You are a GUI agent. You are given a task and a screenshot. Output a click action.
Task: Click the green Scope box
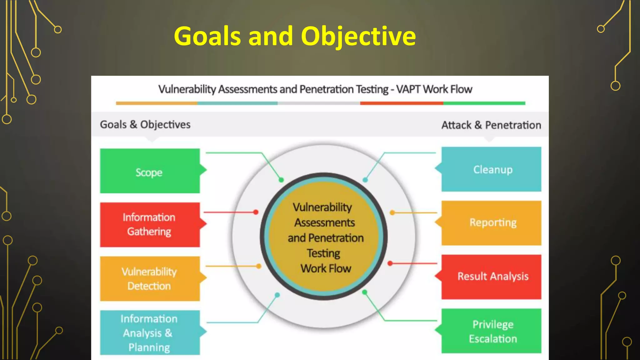coord(150,171)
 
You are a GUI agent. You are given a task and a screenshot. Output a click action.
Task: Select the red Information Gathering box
coord(150,225)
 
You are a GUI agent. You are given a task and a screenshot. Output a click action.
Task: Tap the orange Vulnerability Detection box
coord(150,279)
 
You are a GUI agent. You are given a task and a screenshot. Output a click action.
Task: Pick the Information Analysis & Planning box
coord(150,332)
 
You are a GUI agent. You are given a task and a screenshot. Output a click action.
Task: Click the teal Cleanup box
coord(491,169)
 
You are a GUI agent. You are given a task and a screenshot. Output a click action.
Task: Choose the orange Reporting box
coord(491,223)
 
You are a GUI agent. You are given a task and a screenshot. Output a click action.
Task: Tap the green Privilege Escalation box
coord(491,331)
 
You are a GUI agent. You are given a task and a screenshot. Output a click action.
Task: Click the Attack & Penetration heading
coord(491,125)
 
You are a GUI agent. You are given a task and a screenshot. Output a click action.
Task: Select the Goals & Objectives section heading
coord(145,125)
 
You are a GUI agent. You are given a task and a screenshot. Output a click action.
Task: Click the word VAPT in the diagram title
coord(409,89)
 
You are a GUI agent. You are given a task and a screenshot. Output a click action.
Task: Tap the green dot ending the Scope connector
coord(281,180)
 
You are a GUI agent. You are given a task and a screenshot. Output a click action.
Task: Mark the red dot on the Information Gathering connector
coord(256,212)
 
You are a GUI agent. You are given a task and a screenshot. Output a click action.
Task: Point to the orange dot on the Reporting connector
coord(392,213)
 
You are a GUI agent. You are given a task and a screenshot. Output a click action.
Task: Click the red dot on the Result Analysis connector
coord(390,263)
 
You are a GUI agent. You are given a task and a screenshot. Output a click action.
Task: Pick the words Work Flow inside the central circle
coord(326,268)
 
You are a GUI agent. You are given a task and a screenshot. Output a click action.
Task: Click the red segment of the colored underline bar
coord(402,103)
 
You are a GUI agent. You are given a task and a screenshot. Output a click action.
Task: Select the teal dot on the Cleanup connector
coord(365,180)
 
